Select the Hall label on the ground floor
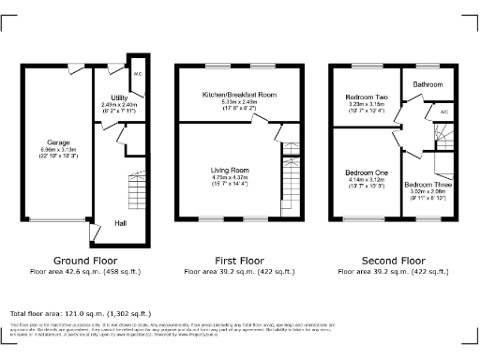click(x=121, y=223)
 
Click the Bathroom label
click(x=429, y=85)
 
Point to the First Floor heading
click(x=240, y=261)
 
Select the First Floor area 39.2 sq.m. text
click(x=240, y=272)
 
